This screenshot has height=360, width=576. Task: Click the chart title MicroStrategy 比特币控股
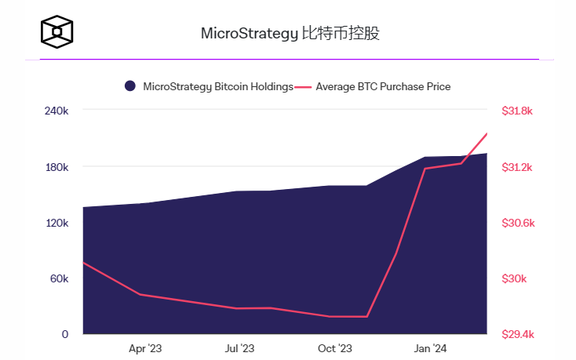point(290,34)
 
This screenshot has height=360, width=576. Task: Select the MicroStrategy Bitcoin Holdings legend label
point(218,86)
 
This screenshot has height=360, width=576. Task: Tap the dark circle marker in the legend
point(130,86)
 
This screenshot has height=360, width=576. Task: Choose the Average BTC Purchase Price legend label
point(383,86)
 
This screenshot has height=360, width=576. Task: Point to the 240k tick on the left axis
point(57,111)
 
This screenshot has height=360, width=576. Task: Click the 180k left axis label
point(57,167)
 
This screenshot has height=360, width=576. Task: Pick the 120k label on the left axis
point(57,223)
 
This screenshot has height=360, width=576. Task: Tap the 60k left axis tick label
point(59,278)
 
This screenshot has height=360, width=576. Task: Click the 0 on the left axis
point(65,334)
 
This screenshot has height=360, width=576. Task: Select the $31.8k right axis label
point(517,111)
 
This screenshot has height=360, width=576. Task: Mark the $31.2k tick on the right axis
point(517,167)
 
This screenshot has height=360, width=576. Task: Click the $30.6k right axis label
point(517,223)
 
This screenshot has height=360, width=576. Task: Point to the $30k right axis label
point(514,278)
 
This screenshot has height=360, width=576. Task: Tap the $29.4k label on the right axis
point(517,334)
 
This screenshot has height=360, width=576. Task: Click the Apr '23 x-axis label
point(145,348)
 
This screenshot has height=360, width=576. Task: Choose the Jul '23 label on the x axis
point(240,348)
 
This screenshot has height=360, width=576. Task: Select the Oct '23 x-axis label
point(335,348)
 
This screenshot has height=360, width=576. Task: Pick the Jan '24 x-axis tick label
point(430,348)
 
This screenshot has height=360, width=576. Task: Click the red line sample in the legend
point(304,86)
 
